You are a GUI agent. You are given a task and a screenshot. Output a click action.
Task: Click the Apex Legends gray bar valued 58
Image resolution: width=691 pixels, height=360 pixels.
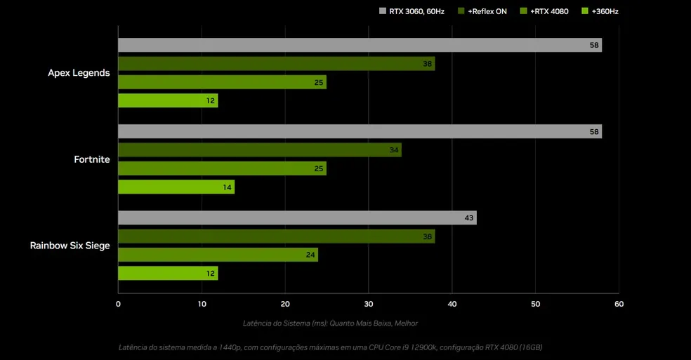(x=360, y=45)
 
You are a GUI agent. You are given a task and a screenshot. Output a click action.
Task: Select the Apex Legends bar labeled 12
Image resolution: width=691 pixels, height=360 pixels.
(x=168, y=100)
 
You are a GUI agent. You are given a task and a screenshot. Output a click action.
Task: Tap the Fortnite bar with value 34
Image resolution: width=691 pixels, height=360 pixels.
(x=259, y=149)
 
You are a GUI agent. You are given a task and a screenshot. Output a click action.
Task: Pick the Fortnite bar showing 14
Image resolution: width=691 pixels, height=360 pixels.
(x=176, y=187)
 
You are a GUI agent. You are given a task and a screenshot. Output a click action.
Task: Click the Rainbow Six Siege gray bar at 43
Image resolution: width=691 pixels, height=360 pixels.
(x=297, y=218)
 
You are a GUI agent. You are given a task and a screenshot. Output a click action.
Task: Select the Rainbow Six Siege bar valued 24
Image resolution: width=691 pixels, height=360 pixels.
(x=218, y=255)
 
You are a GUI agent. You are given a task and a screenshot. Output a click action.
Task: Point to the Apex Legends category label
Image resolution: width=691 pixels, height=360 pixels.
(x=79, y=72)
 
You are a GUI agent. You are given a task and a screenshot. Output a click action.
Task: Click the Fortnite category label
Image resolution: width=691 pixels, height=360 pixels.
(x=92, y=159)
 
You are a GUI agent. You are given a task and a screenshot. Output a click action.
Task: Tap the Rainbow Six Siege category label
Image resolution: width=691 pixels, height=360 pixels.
(x=70, y=246)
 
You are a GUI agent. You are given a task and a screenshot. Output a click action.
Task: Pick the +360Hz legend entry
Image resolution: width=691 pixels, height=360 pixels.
(x=604, y=11)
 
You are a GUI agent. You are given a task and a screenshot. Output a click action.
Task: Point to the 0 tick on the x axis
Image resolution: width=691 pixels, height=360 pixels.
(x=118, y=304)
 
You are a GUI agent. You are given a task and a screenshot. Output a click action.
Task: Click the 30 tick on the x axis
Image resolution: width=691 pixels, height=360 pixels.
(x=368, y=304)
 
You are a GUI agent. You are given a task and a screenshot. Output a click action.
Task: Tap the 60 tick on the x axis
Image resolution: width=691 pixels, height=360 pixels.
(x=618, y=304)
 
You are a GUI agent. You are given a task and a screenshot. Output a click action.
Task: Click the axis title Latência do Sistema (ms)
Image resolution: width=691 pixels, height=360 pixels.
(x=330, y=323)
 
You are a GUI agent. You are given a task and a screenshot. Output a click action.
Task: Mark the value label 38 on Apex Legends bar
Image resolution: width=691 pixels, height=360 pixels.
(x=427, y=64)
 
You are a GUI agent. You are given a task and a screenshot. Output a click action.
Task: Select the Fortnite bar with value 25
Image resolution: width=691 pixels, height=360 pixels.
(x=222, y=168)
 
